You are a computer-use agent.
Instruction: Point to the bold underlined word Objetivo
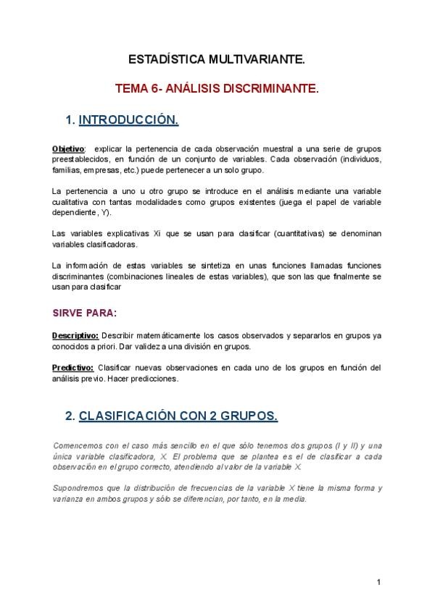tap(68, 148)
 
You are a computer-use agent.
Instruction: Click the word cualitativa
tap(71, 202)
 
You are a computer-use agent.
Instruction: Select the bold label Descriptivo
tap(75, 336)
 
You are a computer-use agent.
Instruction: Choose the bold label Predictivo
tap(72, 368)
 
